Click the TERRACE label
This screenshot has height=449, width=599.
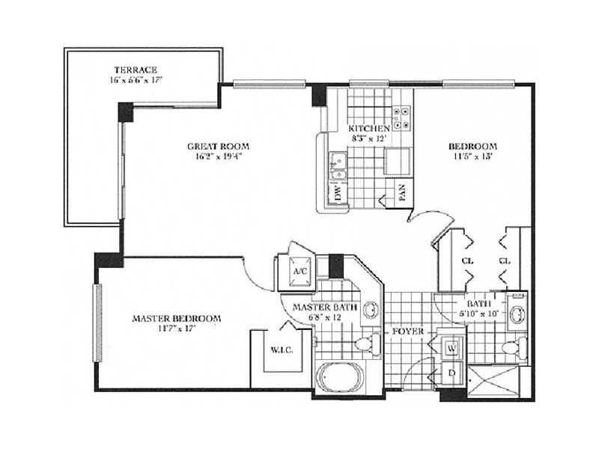click(136, 70)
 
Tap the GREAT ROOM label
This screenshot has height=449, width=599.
click(218, 146)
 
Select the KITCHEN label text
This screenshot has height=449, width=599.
click(369, 128)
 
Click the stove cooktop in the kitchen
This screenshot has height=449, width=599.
click(402, 118)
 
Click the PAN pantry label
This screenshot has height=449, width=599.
click(402, 193)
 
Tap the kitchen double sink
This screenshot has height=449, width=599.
click(338, 166)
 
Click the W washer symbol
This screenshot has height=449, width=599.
click(452, 348)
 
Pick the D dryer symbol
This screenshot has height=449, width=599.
click(452, 372)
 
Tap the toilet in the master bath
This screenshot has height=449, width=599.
click(368, 344)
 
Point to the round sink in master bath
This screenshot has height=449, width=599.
click(370, 309)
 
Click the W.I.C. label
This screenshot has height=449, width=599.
click(282, 349)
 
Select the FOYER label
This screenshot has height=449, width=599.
click(408, 332)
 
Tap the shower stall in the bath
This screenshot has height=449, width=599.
click(493, 382)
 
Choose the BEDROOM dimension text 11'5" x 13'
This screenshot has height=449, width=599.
click(472, 156)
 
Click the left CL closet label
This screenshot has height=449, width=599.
click(467, 261)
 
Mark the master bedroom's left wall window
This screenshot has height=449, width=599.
click(98, 323)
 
